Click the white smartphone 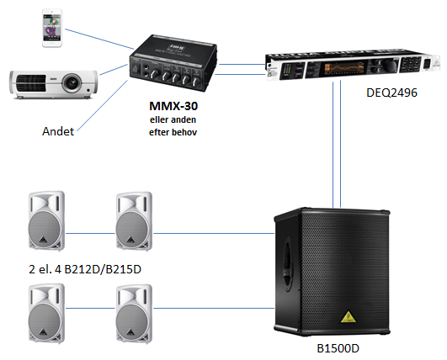52,28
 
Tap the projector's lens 72,83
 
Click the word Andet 58,131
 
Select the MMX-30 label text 173,106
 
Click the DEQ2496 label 391,93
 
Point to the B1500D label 338,348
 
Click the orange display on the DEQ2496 344,69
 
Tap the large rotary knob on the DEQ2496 391,66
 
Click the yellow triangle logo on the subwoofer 348,317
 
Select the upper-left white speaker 47,221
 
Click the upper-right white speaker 134,221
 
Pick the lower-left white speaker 47,313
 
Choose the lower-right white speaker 134,314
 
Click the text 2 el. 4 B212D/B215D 85,269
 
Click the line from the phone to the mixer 99,39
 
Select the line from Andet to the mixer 103,106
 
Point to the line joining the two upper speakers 90,234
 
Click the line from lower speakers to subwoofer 214,308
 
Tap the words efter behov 173,132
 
